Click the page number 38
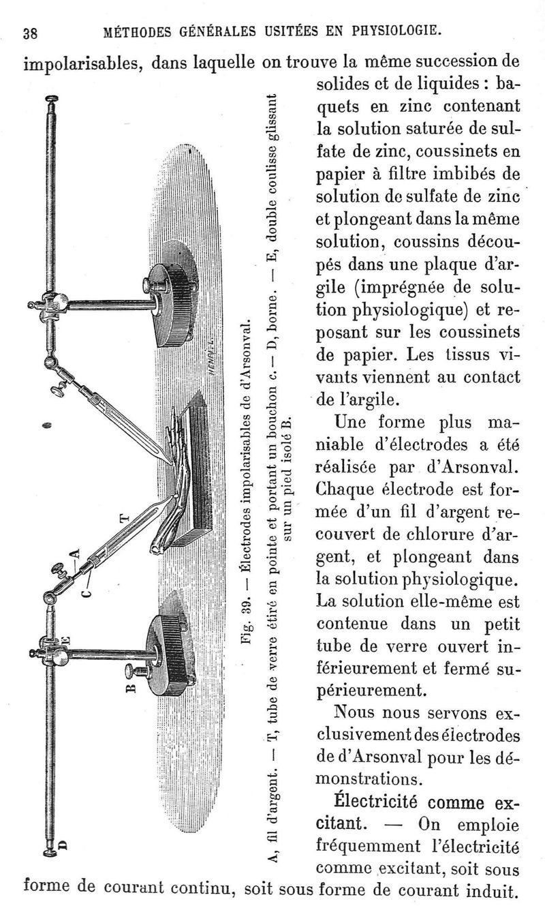click(x=30, y=33)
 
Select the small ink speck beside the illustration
click(x=47, y=425)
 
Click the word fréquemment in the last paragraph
click(x=366, y=847)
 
